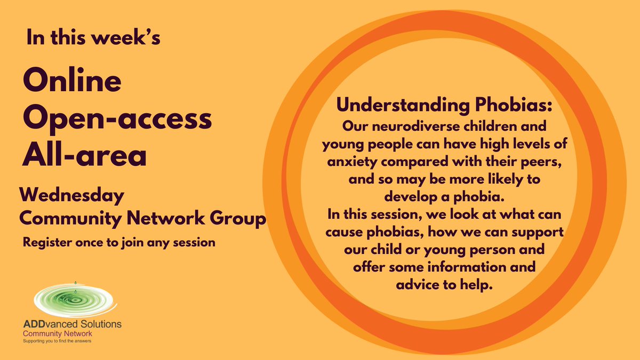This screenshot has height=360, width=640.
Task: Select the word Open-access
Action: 117,120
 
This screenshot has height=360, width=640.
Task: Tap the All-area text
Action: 84,155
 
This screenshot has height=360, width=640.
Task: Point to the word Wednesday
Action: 72,196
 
